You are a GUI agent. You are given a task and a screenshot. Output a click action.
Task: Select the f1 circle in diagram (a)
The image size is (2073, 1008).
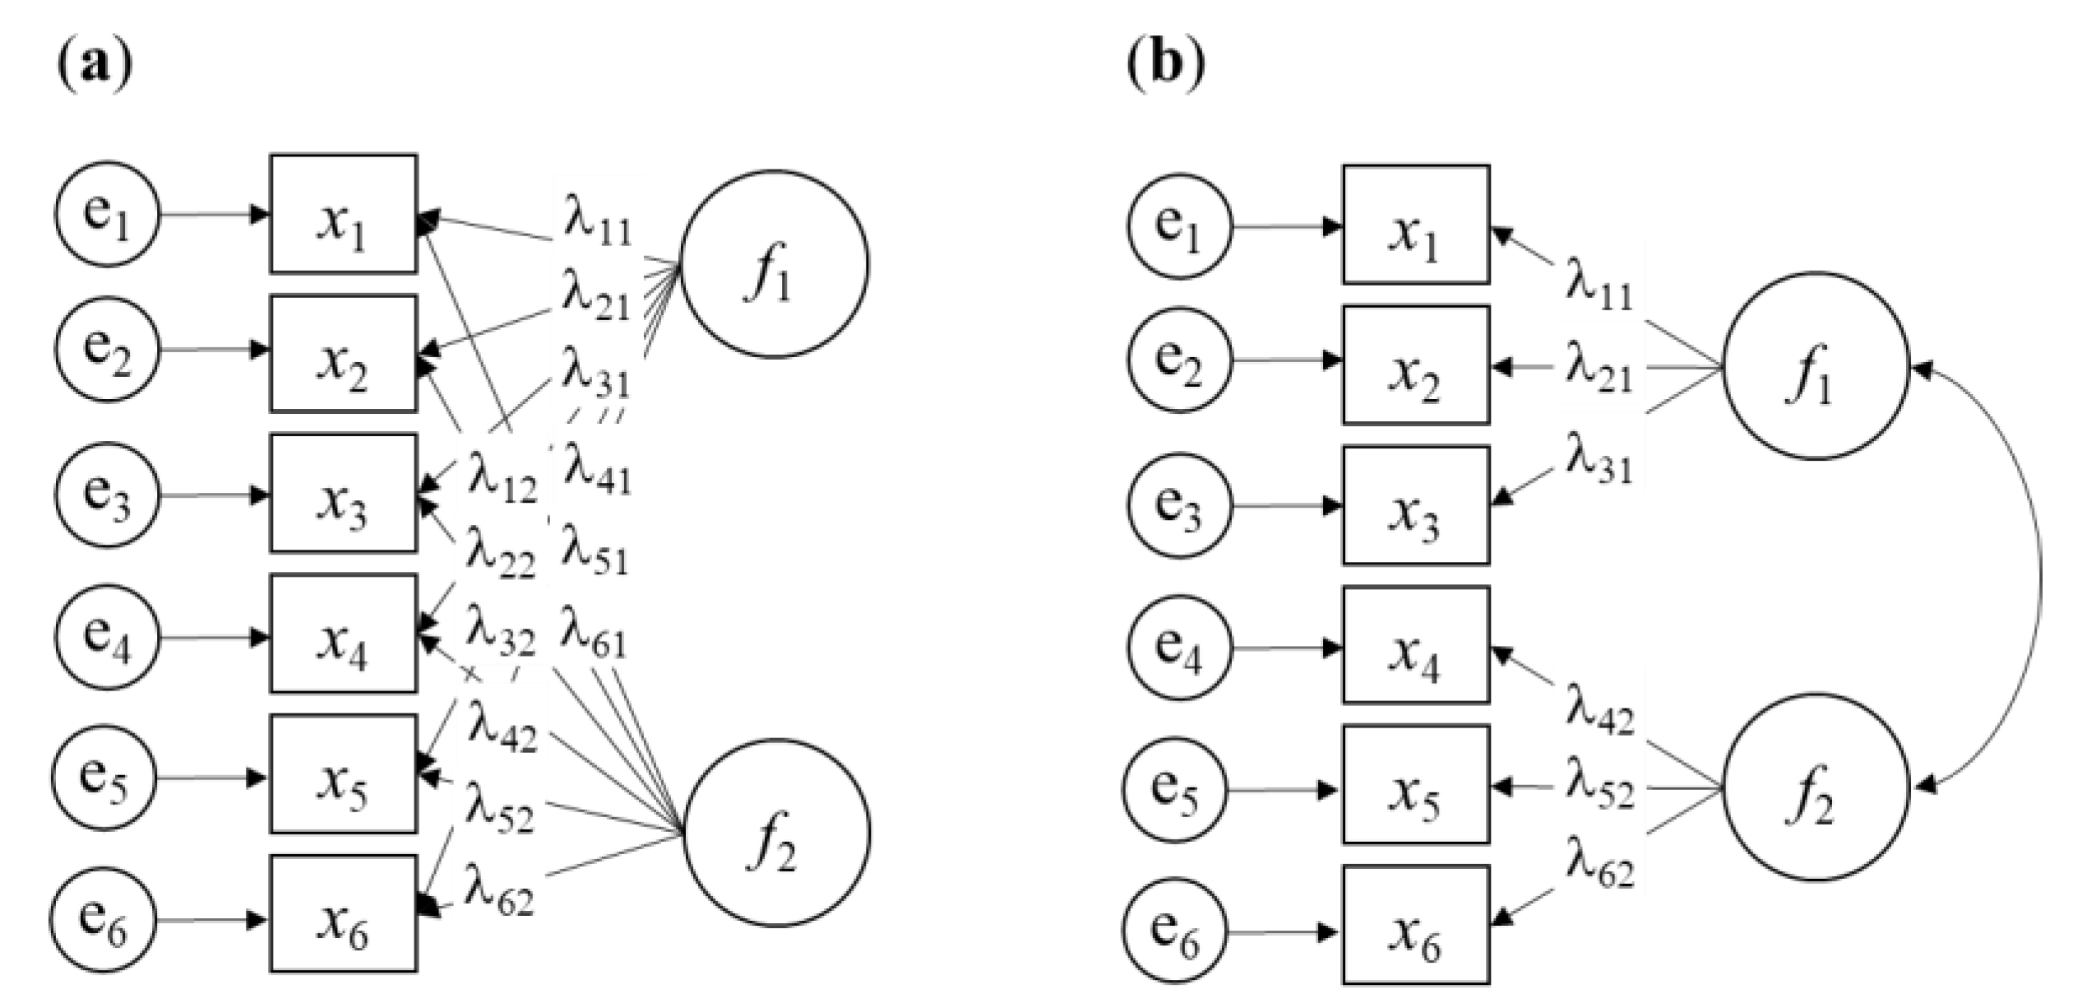coord(774,264)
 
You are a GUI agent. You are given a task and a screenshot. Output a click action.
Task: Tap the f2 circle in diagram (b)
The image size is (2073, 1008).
coord(1815,787)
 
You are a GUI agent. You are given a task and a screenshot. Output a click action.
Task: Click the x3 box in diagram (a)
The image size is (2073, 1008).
coord(344,493)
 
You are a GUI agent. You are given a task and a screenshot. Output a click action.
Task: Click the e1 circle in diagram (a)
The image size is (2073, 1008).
coord(107,214)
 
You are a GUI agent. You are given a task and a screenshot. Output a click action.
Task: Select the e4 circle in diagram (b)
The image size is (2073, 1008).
coord(1179,648)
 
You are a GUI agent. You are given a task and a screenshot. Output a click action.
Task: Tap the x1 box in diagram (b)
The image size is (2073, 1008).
coord(1416,225)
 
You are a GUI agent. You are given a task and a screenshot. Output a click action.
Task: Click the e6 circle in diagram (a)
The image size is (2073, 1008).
coord(104,919)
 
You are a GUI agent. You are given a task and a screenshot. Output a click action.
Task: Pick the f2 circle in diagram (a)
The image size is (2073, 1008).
coord(777,833)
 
